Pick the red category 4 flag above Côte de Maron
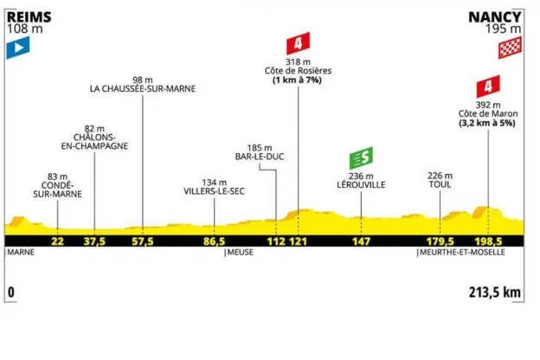click(487, 87)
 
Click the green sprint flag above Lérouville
click(361, 159)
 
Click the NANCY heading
click(493, 16)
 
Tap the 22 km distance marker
click(58, 241)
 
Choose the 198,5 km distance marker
click(488, 241)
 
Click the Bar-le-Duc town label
click(260, 157)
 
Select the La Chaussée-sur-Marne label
click(142, 87)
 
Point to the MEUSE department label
click(239, 254)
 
